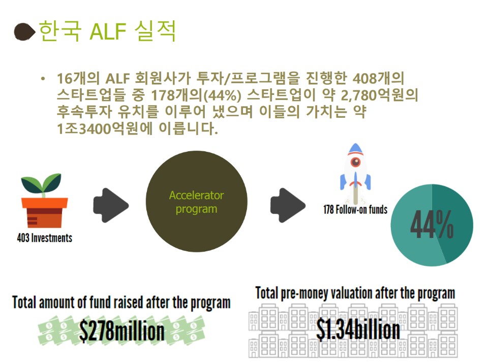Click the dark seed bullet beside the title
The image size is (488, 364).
coord(24,31)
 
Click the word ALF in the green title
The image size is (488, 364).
coord(108,31)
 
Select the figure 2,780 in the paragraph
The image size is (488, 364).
coord(358,95)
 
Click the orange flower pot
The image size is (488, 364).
coord(45,213)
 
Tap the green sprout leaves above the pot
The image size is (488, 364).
coord(41,184)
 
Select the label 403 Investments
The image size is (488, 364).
coord(45,238)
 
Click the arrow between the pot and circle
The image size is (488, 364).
coord(111,205)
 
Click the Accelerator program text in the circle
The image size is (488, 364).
coord(196,202)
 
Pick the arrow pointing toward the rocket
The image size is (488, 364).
coord(288,205)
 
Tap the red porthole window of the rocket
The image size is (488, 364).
coord(355,162)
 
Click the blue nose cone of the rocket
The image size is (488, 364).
coord(356,149)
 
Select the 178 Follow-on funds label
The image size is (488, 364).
coord(355,210)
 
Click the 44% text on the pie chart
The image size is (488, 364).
coord(432,224)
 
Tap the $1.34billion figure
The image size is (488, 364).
coord(358,330)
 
